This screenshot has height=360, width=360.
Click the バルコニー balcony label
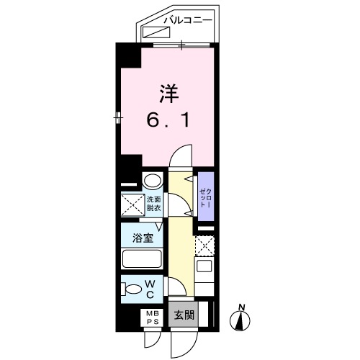click(186, 20)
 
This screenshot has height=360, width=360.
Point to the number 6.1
click(169, 120)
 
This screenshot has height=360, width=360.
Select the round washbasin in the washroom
click(152, 181)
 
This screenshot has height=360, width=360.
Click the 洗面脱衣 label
click(155, 204)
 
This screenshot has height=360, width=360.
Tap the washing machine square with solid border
click(132, 204)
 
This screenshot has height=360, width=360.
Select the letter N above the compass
click(242, 307)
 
